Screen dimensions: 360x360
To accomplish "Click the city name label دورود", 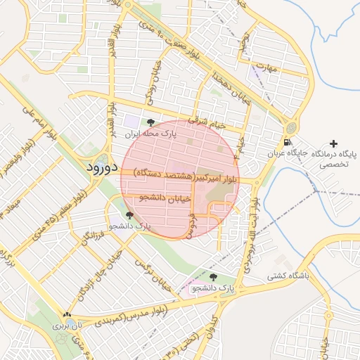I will (x=103, y=169).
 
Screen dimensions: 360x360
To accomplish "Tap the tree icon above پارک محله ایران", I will (x=150, y=123).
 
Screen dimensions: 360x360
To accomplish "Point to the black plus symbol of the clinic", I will (x=333, y=143).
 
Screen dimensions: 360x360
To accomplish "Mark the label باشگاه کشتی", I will (x=287, y=276).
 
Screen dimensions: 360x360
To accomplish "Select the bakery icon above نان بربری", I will (x=67, y=316).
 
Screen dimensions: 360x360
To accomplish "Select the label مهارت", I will (x=269, y=67).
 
